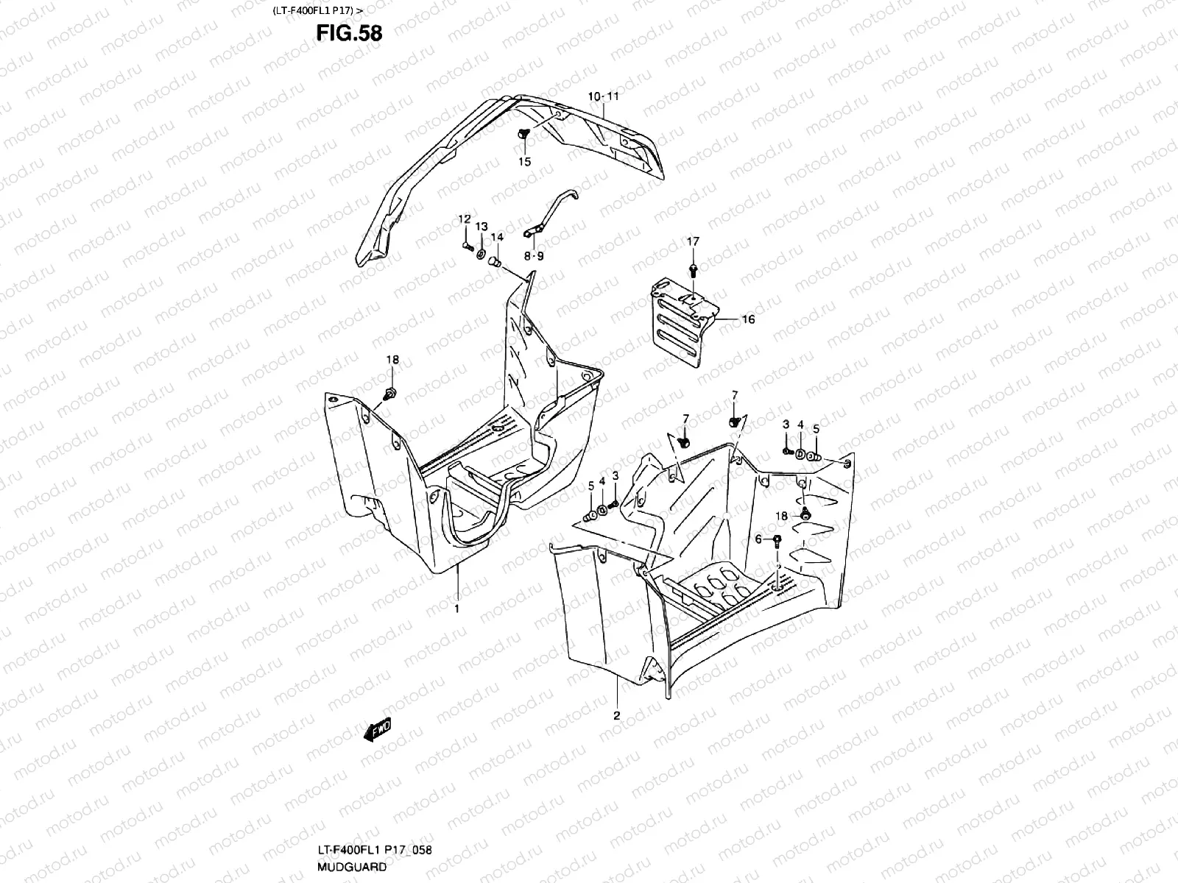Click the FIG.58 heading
(349, 34)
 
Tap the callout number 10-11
(603, 96)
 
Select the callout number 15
(525, 162)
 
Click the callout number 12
(465, 219)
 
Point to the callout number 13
(481, 226)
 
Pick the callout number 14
(497, 237)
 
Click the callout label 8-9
(534, 256)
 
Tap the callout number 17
(694, 241)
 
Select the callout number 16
(748, 319)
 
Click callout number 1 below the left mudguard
(456, 609)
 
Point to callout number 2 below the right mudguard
(617, 715)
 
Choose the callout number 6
(759, 539)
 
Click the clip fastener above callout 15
(524, 134)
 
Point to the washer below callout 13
(481, 254)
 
